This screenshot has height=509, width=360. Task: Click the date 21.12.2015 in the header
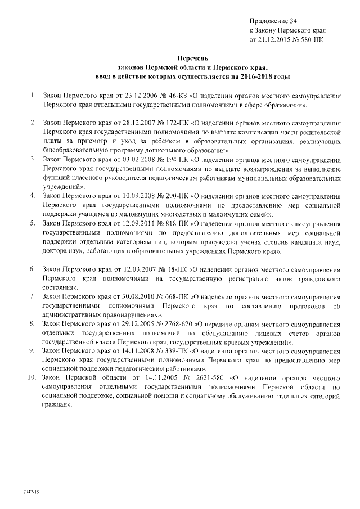coord(274,40)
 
